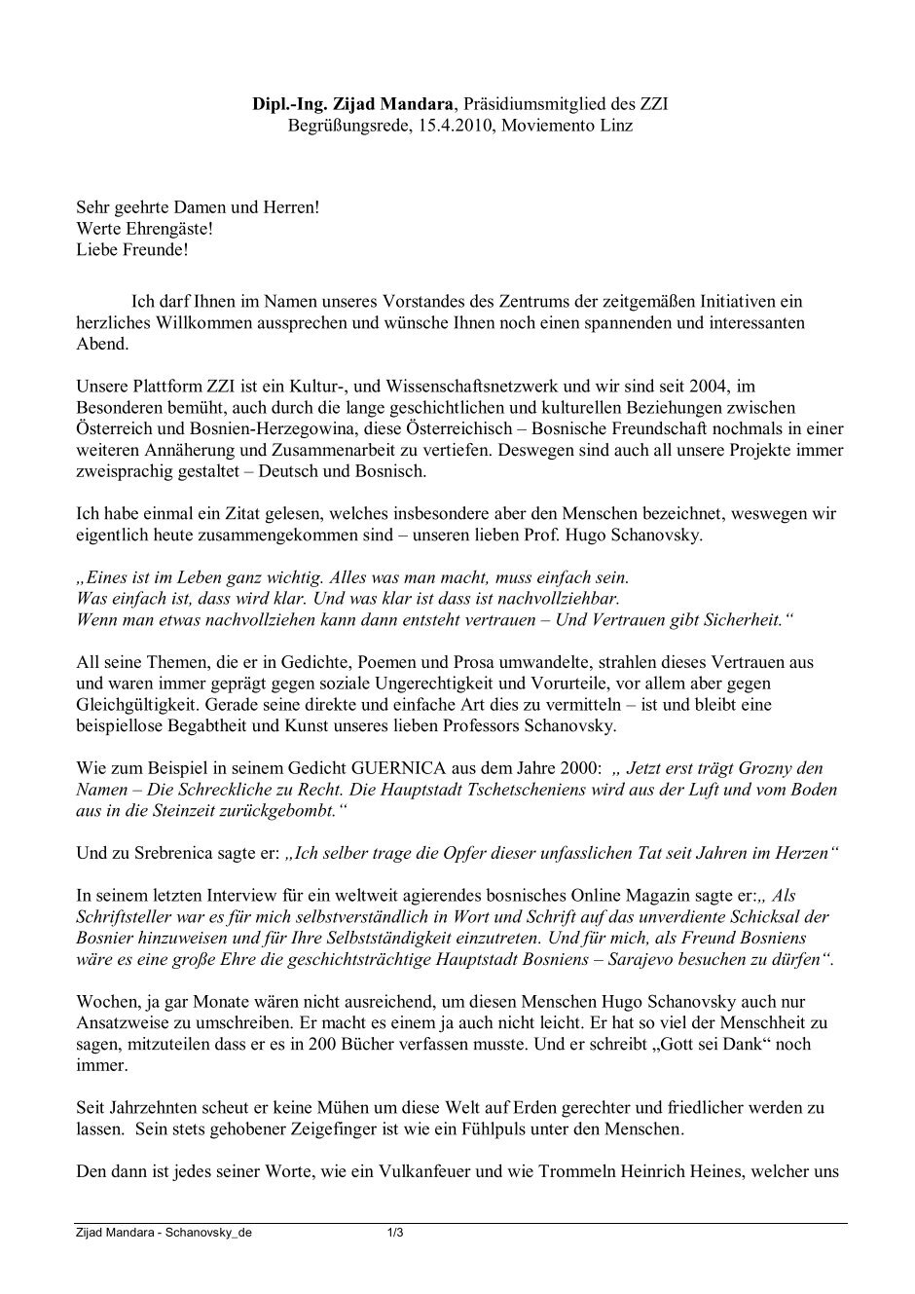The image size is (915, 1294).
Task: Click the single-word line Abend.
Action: (x=101, y=344)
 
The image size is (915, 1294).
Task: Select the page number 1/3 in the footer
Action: (x=395, y=1232)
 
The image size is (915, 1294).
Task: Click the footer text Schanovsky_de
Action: (x=209, y=1232)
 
